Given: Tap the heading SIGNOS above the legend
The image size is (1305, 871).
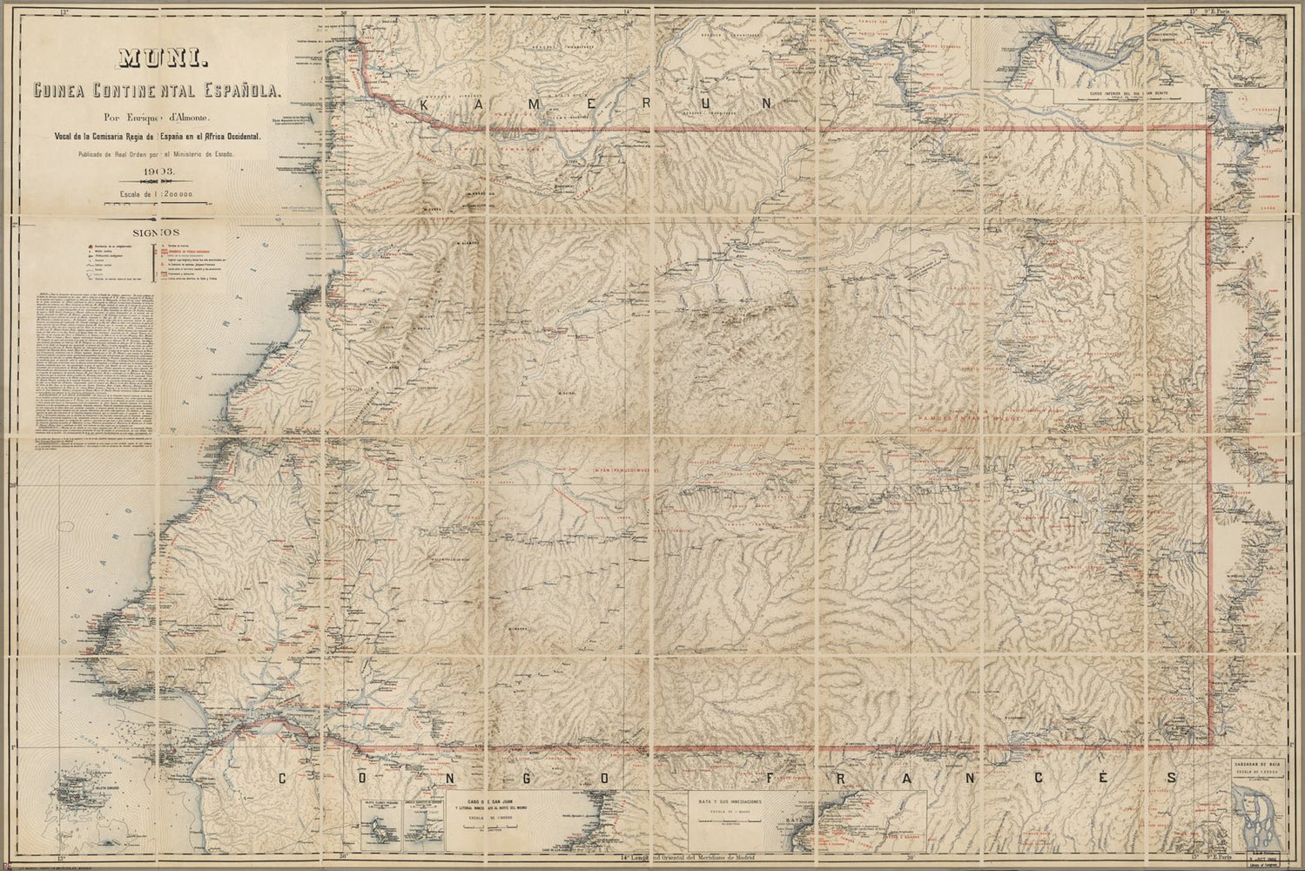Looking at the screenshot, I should pyautogui.click(x=156, y=233).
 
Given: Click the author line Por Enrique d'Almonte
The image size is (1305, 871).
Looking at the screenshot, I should pyautogui.click(x=165, y=117).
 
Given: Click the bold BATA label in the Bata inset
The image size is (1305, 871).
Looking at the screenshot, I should pyautogui.click(x=792, y=820).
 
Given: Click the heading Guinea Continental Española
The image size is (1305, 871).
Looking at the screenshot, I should pyautogui.click(x=165, y=90).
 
